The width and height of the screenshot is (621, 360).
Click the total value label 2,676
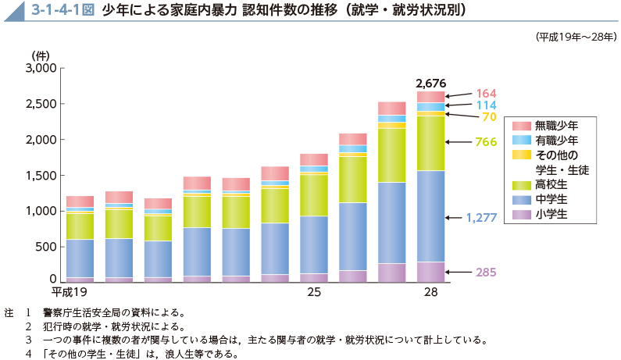click(430, 83)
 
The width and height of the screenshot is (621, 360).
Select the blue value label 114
click(487, 105)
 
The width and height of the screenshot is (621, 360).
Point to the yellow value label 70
click(489, 117)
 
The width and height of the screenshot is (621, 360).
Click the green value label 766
click(487, 142)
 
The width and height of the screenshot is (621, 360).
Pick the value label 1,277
click(481, 217)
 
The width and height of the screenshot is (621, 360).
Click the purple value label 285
click(485, 273)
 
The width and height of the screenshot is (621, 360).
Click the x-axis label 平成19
click(68, 292)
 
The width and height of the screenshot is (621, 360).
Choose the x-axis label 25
click(313, 292)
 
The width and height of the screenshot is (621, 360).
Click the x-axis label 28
click(430, 292)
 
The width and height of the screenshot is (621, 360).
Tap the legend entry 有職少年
click(556, 141)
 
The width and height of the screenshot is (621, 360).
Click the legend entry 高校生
click(551, 185)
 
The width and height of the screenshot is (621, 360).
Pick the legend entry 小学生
click(551, 214)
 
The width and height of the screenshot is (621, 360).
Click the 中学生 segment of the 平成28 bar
click(430, 216)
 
